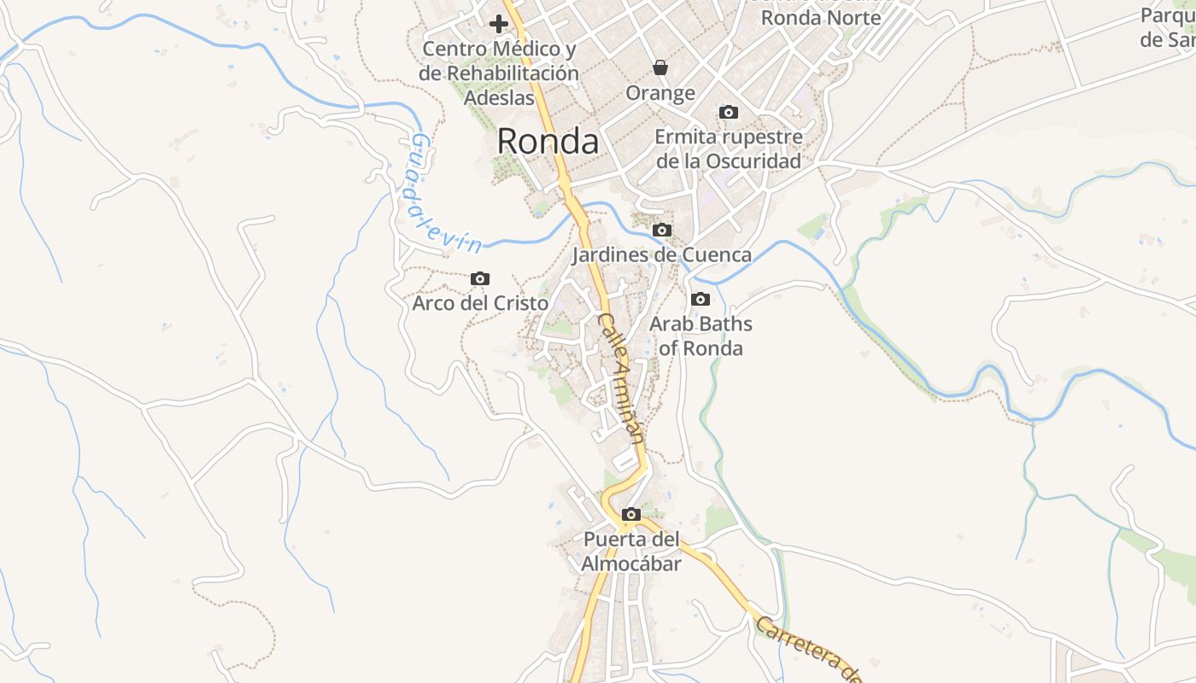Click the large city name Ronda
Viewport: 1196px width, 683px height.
pos(548,141)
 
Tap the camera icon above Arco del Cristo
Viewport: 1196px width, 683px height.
pos(480,278)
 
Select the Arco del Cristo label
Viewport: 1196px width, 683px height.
pos(480,303)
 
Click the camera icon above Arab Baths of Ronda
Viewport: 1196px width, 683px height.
pos(701,299)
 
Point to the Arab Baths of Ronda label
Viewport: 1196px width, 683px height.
pos(701,336)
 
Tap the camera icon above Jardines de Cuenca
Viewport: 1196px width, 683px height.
pos(661,230)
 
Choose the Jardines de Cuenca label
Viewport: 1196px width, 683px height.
pos(661,254)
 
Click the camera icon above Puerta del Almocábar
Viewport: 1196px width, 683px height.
pos(631,514)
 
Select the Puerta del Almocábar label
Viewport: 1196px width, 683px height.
pos(631,552)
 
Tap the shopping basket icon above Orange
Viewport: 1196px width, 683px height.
pos(660,67)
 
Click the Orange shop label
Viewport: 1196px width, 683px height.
pos(660,92)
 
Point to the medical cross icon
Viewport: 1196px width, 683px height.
pos(499,24)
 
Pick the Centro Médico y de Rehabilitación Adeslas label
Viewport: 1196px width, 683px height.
pos(499,73)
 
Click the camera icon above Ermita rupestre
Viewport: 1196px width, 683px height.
pos(729,112)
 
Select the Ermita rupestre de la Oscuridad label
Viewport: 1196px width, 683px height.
pos(729,149)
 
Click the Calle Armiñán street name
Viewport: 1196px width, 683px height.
pos(620,376)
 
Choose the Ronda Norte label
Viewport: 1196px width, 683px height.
pos(820,17)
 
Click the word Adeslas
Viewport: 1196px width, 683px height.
pos(499,97)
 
